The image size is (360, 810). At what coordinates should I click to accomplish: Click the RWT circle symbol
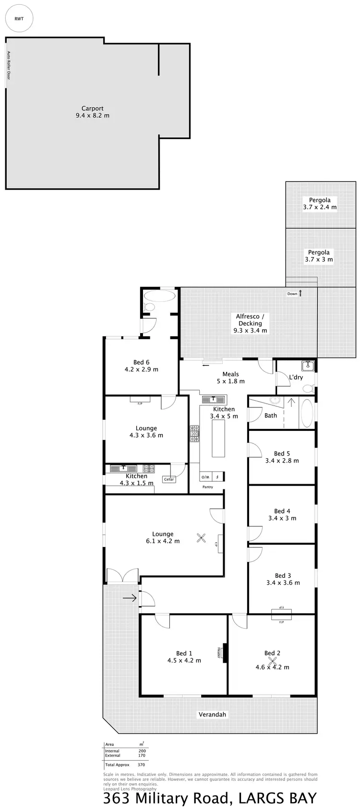(19, 19)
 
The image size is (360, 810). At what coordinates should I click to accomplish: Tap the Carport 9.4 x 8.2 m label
(92, 112)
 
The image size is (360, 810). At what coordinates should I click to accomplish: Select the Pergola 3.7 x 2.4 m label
(320, 203)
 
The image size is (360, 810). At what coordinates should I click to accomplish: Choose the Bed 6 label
(141, 366)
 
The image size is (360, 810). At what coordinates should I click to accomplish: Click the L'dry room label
(296, 377)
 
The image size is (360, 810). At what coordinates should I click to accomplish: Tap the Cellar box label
(169, 479)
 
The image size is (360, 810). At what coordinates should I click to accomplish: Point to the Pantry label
(207, 487)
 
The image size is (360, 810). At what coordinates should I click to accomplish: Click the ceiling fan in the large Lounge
(202, 539)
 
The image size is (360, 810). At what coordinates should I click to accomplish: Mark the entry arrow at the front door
(129, 598)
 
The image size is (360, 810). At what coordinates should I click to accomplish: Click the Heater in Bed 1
(223, 653)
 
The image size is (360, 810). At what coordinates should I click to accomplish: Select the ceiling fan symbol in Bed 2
(273, 661)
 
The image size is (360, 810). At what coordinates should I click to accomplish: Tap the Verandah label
(212, 714)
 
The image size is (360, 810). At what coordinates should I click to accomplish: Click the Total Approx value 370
(141, 764)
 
